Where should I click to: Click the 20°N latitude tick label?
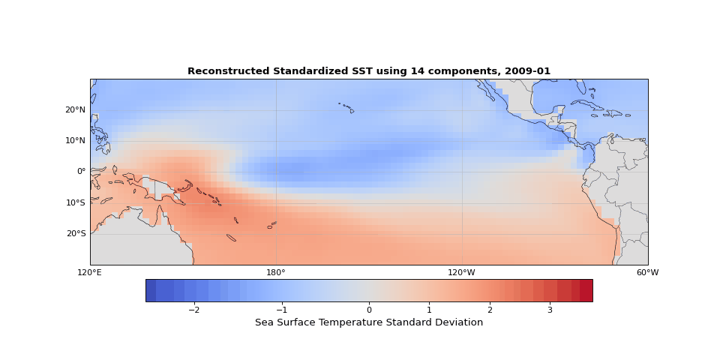pos(75,109)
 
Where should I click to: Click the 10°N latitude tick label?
pos(75,140)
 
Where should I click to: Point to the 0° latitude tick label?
pos(81,171)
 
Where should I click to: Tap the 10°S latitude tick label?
pos(75,202)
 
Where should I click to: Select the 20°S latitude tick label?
pos(75,233)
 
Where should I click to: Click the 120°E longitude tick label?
pos(90,272)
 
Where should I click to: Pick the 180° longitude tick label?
pos(276,272)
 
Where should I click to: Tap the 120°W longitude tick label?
pos(462,272)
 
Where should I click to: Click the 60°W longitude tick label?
pos(647,272)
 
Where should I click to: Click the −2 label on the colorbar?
pos(193,310)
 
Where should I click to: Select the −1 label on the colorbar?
pos(281,310)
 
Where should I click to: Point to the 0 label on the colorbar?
pos(369,310)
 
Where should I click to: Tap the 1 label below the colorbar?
pos(429,310)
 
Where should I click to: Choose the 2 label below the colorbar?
pos(490,310)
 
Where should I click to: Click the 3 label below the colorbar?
pos(550,310)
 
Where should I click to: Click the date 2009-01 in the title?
pos(527,71)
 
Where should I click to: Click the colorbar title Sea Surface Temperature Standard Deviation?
pos(369,322)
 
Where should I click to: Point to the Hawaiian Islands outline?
pos(346,108)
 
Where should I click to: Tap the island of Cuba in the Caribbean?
pos(586,103)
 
